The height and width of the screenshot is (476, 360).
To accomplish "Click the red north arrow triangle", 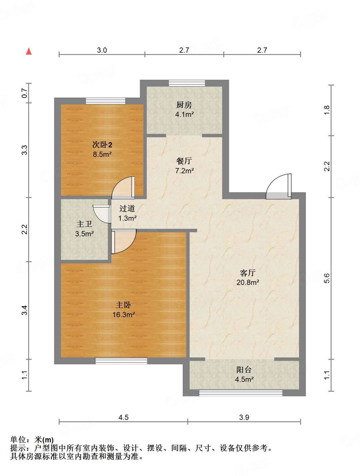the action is pyautogui.click(x=29, y=52).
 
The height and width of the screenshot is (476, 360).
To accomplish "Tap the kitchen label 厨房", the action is pyautogui.click(x=184, y=105).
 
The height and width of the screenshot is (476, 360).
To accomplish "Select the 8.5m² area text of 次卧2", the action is pyautogui.click(x=102, y=155).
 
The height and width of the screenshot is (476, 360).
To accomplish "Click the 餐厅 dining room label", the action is pyautogui.click(x=184, y=161).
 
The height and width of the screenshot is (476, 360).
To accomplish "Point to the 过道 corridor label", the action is pyautogui.click(x=127, y=208).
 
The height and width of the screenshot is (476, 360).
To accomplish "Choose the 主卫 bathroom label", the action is pyautogui.click(x=84, y=224).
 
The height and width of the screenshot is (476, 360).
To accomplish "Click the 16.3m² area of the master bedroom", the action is pyautogui.click(x=123, y=315).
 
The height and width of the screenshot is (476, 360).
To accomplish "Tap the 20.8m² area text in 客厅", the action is pyautogui.click(x=248, y=282).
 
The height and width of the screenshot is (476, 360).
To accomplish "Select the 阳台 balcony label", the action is pyautogui.click(x=244, y=370).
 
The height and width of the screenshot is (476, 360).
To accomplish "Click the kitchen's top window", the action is pyautogui.click(x=187, y=83).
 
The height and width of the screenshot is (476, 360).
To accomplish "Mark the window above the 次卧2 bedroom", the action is pyautogui.click(x=106, y=101).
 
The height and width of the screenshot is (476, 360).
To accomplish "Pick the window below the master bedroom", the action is pyautogui.click(x=121, y=361).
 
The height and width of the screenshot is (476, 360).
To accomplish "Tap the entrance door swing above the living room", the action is pyautogui.click(x=279, y=186).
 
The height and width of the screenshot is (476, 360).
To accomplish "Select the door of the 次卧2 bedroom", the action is pyautogui.click(x=123, y=188).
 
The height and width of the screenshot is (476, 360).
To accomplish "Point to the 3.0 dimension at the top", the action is pyautogui.click(x=102, y=50).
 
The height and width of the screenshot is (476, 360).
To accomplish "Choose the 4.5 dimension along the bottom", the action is pyautogui.click(x=123, y=418).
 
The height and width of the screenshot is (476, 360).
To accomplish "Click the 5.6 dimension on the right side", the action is pyautogui.click(x=327, y=278).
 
